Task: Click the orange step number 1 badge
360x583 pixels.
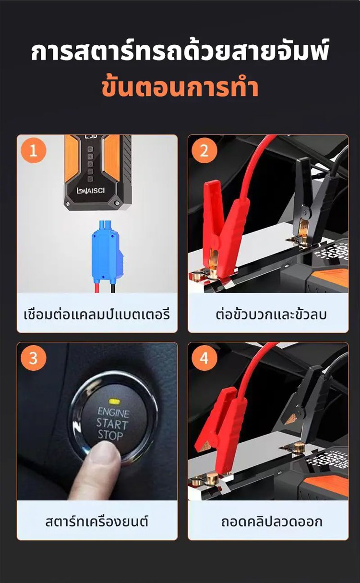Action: [33, 150]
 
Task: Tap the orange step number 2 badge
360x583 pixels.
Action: [204, 150]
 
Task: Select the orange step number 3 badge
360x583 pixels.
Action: [33, 358]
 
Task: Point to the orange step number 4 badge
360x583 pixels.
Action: [204, 358]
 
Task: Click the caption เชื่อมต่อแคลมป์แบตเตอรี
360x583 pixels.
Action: [97, 314]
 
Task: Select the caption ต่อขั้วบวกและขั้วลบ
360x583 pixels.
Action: [271, 314]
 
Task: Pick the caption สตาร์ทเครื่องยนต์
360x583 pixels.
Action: [97, 522]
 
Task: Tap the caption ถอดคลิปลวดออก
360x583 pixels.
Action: [272, 522]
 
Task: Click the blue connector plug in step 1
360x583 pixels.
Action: [107, 252]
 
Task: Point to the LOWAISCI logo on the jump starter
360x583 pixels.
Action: [91, 191]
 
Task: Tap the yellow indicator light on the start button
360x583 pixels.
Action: [113, 401]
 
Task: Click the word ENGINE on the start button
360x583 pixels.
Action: [113, 413]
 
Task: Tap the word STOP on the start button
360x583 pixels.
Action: [110, 436]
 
